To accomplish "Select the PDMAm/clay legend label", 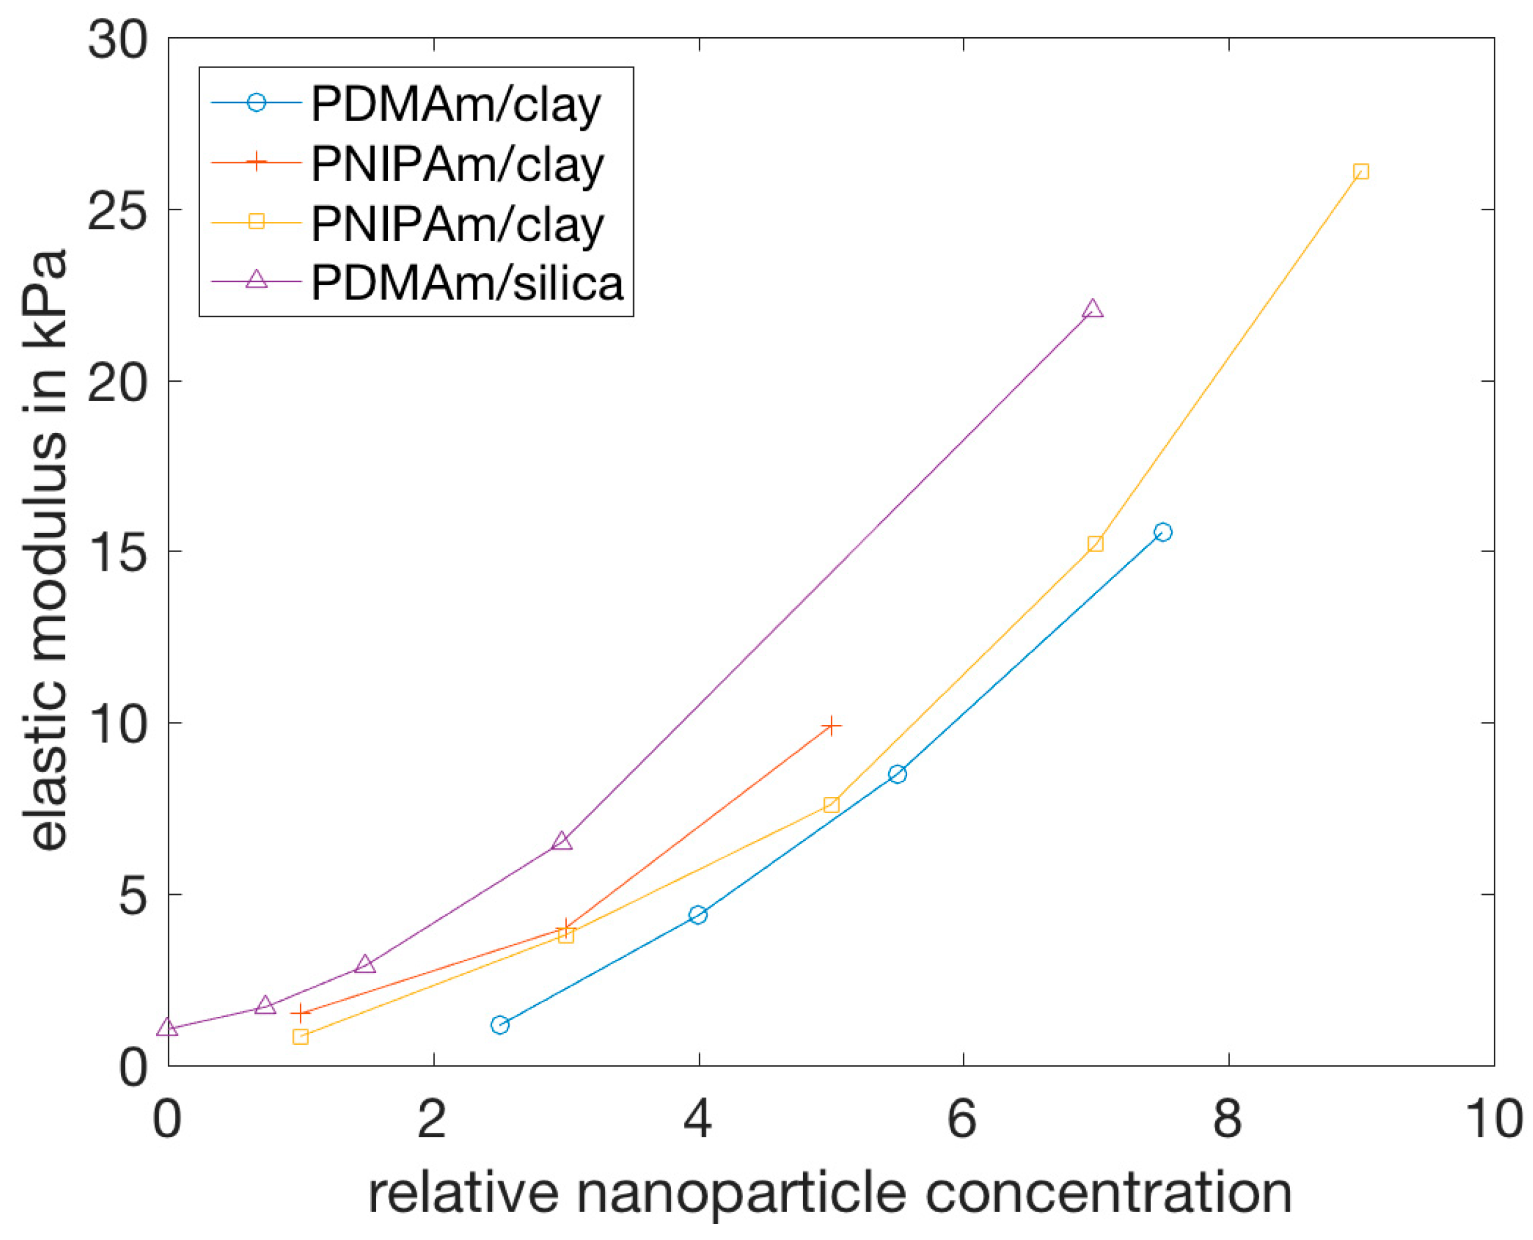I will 456,105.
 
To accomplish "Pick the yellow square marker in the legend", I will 256,221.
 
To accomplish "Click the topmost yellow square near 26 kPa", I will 1360,172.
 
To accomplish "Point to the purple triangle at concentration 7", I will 1092,309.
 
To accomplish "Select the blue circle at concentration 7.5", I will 1162,532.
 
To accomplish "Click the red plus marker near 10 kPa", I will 831,726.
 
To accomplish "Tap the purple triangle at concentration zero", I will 167,1028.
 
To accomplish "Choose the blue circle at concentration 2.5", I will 499,1025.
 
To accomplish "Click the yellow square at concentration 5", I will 831,805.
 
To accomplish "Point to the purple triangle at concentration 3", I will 561,842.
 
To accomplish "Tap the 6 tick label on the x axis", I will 962,1119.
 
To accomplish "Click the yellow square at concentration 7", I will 1094,544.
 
